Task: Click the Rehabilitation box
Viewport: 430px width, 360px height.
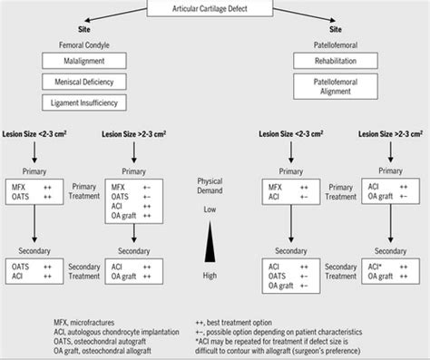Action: (x=328, y=61)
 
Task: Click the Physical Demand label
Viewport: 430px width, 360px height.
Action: (x=210, y=185)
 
